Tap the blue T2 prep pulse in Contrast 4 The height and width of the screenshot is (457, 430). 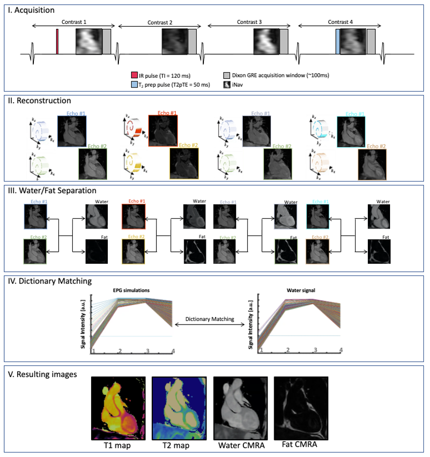337,41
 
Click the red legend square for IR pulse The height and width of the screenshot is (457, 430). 135,75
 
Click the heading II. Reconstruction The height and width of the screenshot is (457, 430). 39,101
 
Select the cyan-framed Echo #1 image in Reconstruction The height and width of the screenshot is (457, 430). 351,131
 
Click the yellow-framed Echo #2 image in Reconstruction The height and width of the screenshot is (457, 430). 184,164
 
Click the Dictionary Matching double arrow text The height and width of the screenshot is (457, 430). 209,319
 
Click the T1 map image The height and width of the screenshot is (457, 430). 118,407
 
